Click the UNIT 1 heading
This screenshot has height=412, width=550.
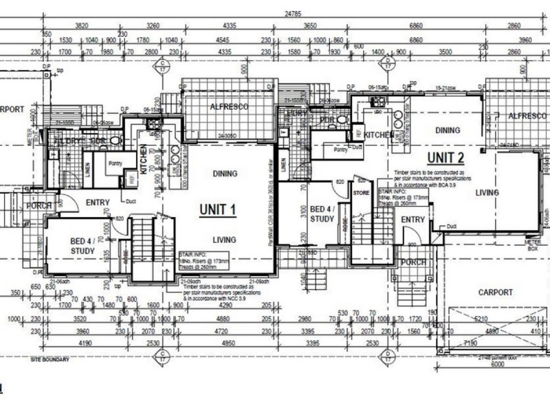click(x=218, y=209)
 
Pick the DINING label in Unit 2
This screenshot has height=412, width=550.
click(x=447, y=129)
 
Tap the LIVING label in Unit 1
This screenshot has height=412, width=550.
click(x=224, y=240)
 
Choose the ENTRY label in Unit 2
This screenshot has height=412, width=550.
click(x=413, y=219)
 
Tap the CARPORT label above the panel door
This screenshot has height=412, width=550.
click(x=494, y=292)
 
